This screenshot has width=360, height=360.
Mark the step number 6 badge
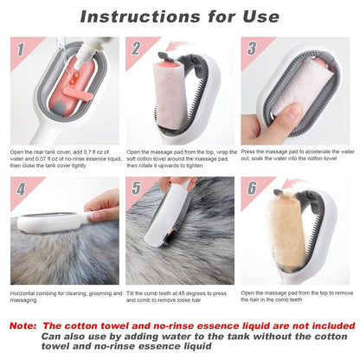point(252,189)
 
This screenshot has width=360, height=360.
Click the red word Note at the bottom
point(29,325)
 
